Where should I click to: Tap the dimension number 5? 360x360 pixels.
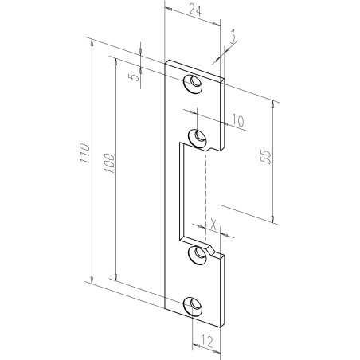tap(135, 78)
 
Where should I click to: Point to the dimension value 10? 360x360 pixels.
tap(237, 120)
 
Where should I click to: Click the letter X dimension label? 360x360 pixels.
tap(213, 224)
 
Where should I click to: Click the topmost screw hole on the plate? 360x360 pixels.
tap(193, 83)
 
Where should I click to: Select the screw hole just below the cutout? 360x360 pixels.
tap(194, 254)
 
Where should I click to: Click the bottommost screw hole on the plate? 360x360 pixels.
tap(194, 306)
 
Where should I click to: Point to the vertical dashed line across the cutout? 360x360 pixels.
tap(206, 191)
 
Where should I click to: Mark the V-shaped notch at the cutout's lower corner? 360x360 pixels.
tap(213, 253)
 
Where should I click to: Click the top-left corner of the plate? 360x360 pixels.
tap(166, 61)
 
